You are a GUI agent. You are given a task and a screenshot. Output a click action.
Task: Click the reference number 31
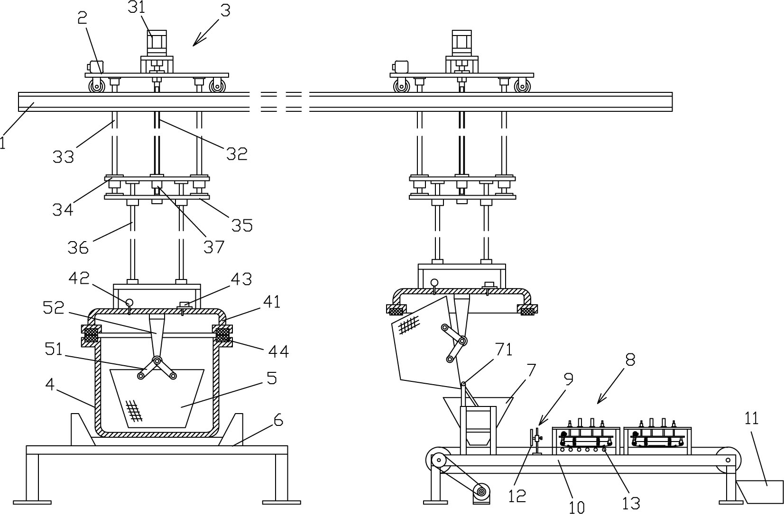tap(136, 8)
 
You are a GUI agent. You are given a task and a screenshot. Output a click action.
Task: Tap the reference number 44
tap(278, 352)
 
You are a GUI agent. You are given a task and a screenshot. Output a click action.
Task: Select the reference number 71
tap(504, 349)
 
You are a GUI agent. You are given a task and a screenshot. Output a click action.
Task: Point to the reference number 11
tap(751, 418)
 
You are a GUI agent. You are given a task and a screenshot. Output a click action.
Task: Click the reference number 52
tap(54, 308)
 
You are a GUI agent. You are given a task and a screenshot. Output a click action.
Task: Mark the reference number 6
tap(278, 421)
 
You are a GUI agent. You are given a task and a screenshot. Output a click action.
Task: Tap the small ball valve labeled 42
tap(129, 302)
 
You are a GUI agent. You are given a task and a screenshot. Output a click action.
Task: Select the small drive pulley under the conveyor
tap(481, 492)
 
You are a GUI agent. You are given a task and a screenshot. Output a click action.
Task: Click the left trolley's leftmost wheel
tap(97, 86)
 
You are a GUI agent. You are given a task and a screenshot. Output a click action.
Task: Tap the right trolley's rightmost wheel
tap(522, 86)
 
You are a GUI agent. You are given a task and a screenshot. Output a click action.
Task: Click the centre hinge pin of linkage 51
tap(157, 361)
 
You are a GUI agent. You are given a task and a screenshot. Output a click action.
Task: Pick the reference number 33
tap(64, 157)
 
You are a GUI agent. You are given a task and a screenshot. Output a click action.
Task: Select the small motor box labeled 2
tap(95, 67)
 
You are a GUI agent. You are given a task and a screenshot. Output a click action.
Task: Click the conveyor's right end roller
tap(729, 460)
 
